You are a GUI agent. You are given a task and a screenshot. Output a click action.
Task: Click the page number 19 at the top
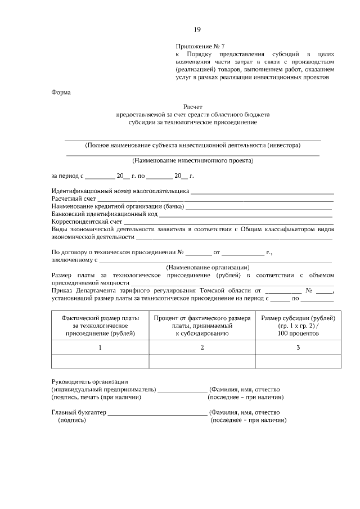click(197, 30)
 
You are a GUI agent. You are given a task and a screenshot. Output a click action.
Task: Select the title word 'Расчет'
click(193, 106)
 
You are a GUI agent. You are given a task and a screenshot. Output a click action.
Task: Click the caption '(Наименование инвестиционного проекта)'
click(193, 160)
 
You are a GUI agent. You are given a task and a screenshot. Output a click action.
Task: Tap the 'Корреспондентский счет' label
click(87, 222)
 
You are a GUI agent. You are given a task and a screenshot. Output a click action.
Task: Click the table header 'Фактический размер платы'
click(100, 318)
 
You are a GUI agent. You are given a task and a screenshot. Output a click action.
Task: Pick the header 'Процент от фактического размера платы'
click(202, 318)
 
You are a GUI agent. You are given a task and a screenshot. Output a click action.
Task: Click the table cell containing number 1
click(100, 348)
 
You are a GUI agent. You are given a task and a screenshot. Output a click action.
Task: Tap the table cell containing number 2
click(202, 348)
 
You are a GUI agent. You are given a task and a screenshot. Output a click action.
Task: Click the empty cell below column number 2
click(202, 362)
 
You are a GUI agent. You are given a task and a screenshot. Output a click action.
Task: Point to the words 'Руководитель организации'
click(89, 382)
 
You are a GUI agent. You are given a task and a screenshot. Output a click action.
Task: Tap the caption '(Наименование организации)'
click(208, 267)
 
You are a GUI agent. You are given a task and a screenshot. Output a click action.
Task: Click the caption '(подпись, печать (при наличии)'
click(96, 397)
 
